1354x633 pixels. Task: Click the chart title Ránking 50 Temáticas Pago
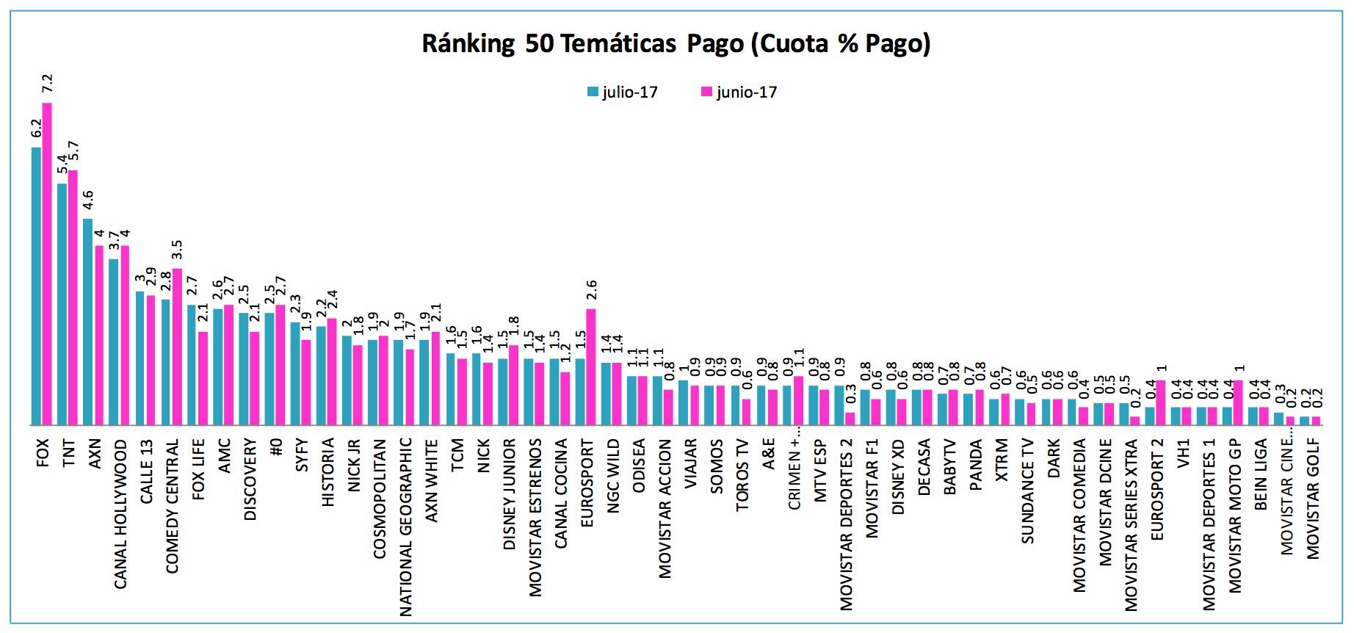pos(676,43)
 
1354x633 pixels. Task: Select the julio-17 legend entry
pos(622,93)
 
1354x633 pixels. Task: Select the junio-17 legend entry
pos(739,93)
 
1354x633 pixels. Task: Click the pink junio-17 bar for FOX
pos(47,264)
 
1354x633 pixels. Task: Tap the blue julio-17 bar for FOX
pos(36,286)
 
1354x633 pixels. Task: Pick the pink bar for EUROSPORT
pos(591,367)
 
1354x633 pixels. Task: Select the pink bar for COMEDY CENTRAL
pos(177,347)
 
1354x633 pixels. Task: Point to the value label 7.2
pos(47,83)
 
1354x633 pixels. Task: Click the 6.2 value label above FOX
pos(36,129)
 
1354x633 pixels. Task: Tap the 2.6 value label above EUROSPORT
pos(591,289)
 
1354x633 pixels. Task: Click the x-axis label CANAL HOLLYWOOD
pos(120,514)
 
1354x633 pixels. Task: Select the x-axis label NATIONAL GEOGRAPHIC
pos(406,527)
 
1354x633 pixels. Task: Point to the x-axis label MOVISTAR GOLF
pos(1313,498)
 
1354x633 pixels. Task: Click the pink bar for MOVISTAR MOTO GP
pos(1238,402)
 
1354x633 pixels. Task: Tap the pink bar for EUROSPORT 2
pos(1160,402)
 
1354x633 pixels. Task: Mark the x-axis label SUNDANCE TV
pos(1028,491)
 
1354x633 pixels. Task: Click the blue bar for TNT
pos(62,304)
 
